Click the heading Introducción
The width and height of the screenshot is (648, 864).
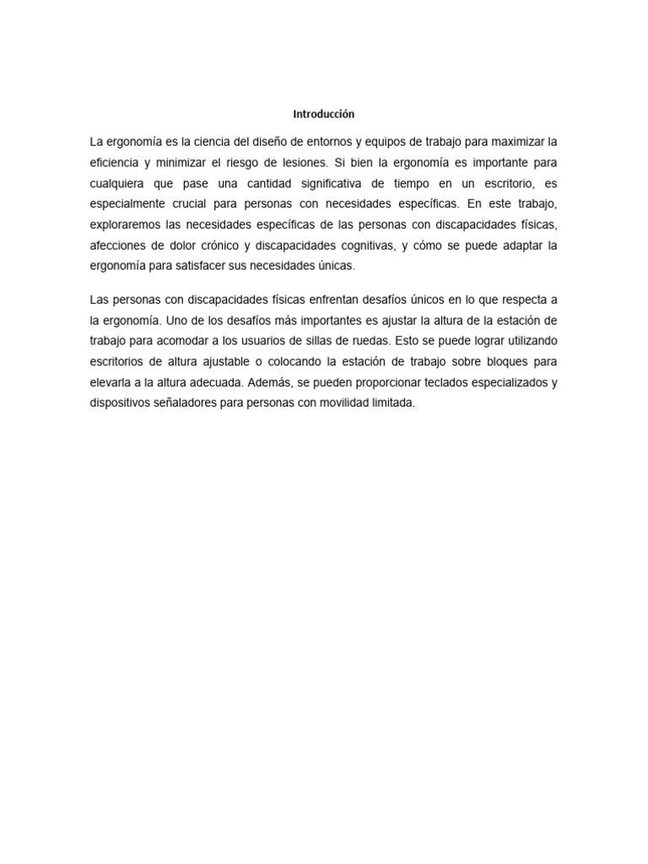(x=324, y=113)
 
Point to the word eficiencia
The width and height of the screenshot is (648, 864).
(x=118, y=161)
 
